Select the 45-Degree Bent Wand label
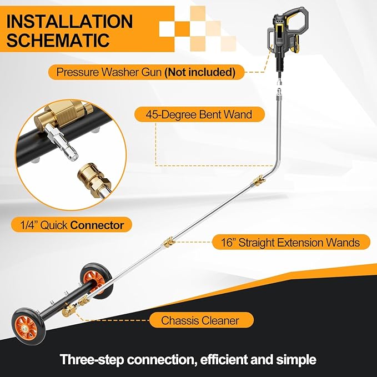click(193, 115)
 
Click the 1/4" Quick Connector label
click(71, 225)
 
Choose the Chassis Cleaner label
click(199, 320)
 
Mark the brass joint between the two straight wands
click(167, 243)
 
